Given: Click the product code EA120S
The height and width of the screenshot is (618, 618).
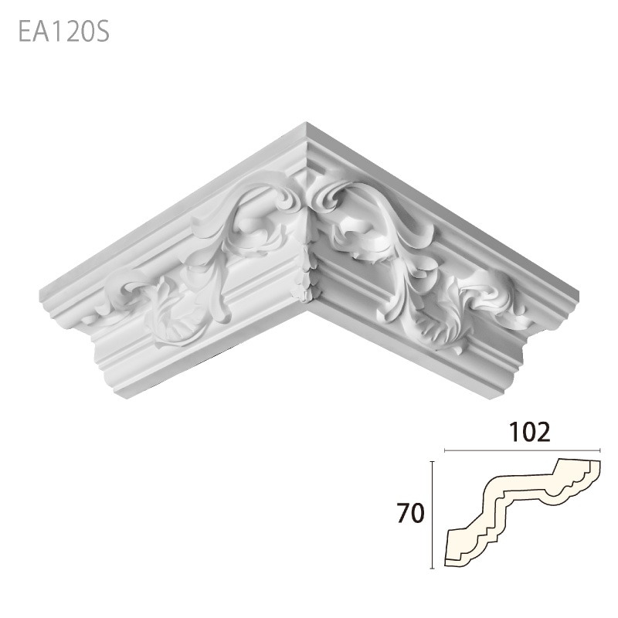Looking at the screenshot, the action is click(64, 32).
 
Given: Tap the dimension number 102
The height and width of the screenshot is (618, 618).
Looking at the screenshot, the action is click(528, 432).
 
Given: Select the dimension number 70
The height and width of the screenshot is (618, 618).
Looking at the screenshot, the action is click(411, 513).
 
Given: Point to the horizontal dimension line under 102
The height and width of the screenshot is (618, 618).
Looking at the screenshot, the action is click(522, 449).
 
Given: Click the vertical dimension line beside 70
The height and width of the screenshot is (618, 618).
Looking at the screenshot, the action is click(433, 514).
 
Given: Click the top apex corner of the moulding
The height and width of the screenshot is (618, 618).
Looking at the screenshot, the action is click(307, 123).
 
